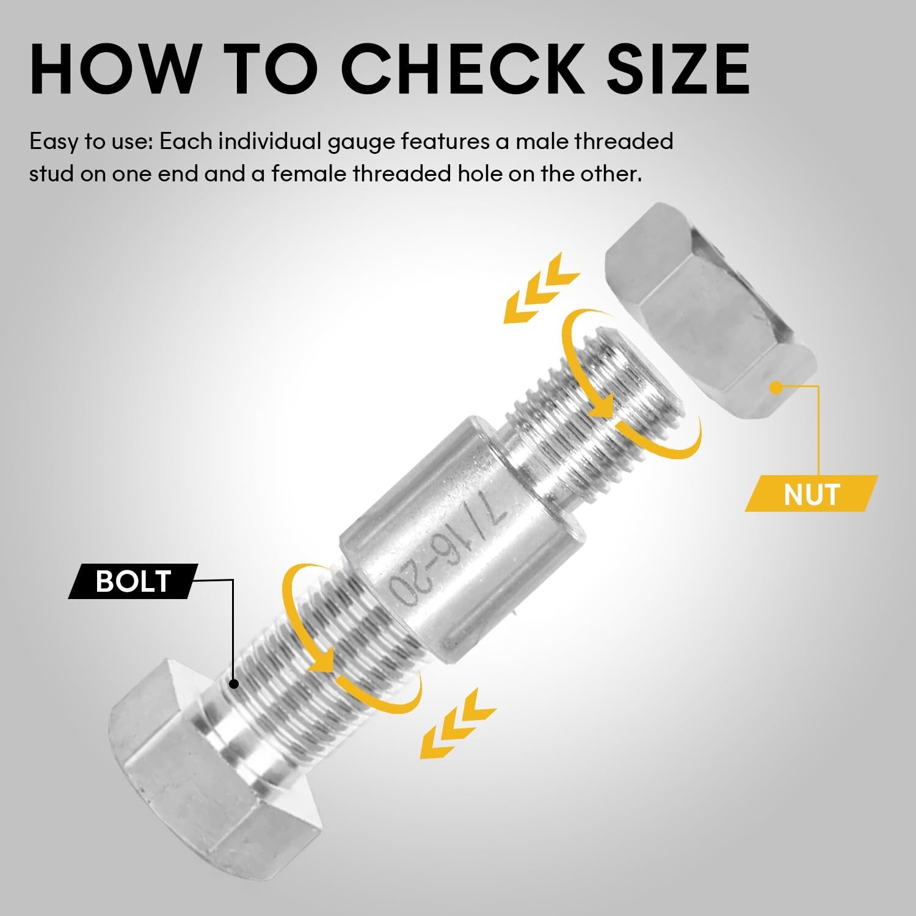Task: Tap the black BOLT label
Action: (x=133, y=581)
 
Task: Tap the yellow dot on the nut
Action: (x=776, y=387)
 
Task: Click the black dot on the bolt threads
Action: (x=233, y=684)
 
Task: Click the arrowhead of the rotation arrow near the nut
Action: (x=605, y=406)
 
